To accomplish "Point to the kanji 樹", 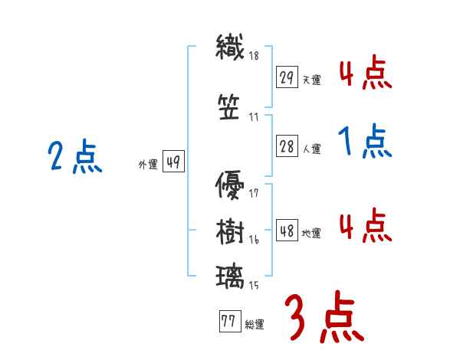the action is tap(230, 231).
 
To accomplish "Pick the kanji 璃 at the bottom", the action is tap(230, 276).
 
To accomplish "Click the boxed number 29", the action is tap(287, 77).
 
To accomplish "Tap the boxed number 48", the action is tap(287, 231).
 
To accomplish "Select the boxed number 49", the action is tap(174, 162).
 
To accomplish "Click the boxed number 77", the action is tap(228, 322).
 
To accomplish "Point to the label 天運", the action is tap(312, 80).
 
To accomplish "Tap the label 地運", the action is tap(312, 233).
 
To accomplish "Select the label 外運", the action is tap(147, 164).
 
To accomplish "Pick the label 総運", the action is tap(255, 325).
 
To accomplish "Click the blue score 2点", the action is tap(74, 157).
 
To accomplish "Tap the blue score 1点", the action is tap(365, 141).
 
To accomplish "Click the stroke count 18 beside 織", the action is tap(254, 55).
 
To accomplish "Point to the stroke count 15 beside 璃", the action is tap(254, 286).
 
